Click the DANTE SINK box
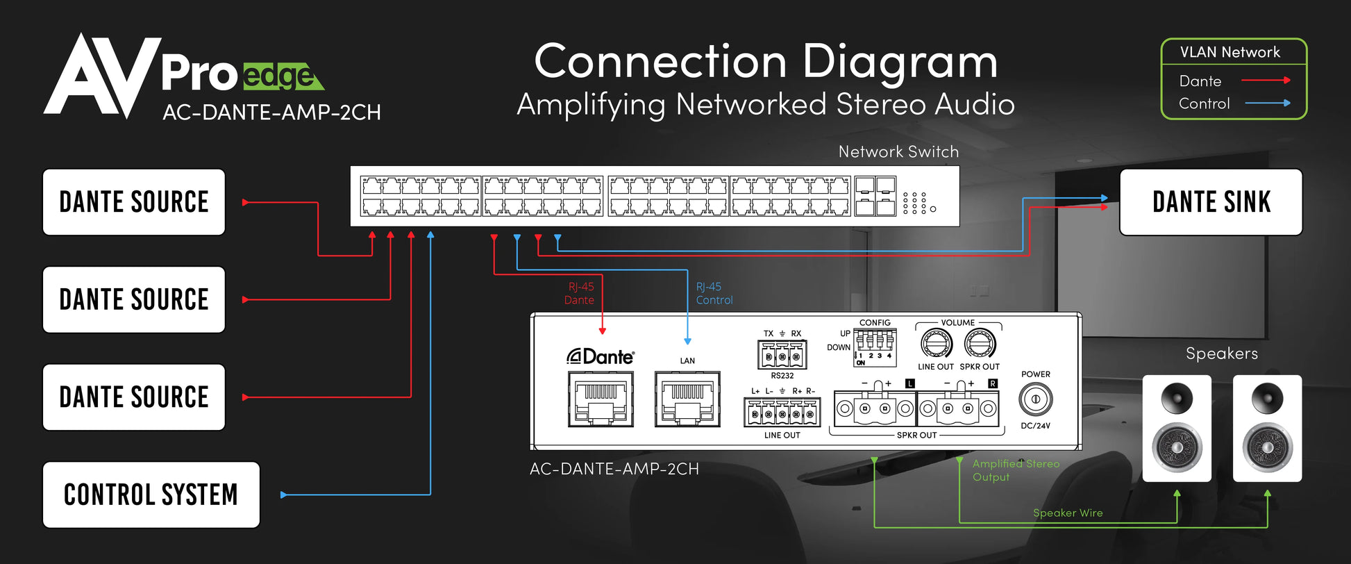click(x=1211, y=202)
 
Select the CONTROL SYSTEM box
click(x=151, y=495)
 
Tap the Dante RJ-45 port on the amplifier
click(x=601, y=399)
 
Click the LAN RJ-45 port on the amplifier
click(x=687, y=399)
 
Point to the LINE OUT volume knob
click(x=936, y=344)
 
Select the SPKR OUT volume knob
click(x=980, y=344)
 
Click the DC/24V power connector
click(x=1035, y=399)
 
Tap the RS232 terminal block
click(x=782, y=356)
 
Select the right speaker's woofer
click(x=1267, y=447)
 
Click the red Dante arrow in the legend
click(x=1265, y=81)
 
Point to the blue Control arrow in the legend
click(x=1267, y=103)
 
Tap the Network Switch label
click(x=898, y=151)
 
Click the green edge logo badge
click(x=282, y=76)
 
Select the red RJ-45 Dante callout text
click(x=580, y=293)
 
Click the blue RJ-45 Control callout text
click(x=714, y=293)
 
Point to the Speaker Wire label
click(x=1068, y=513)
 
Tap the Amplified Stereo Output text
click(x=1015, y=470)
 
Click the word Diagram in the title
click(x=900, y=63)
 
